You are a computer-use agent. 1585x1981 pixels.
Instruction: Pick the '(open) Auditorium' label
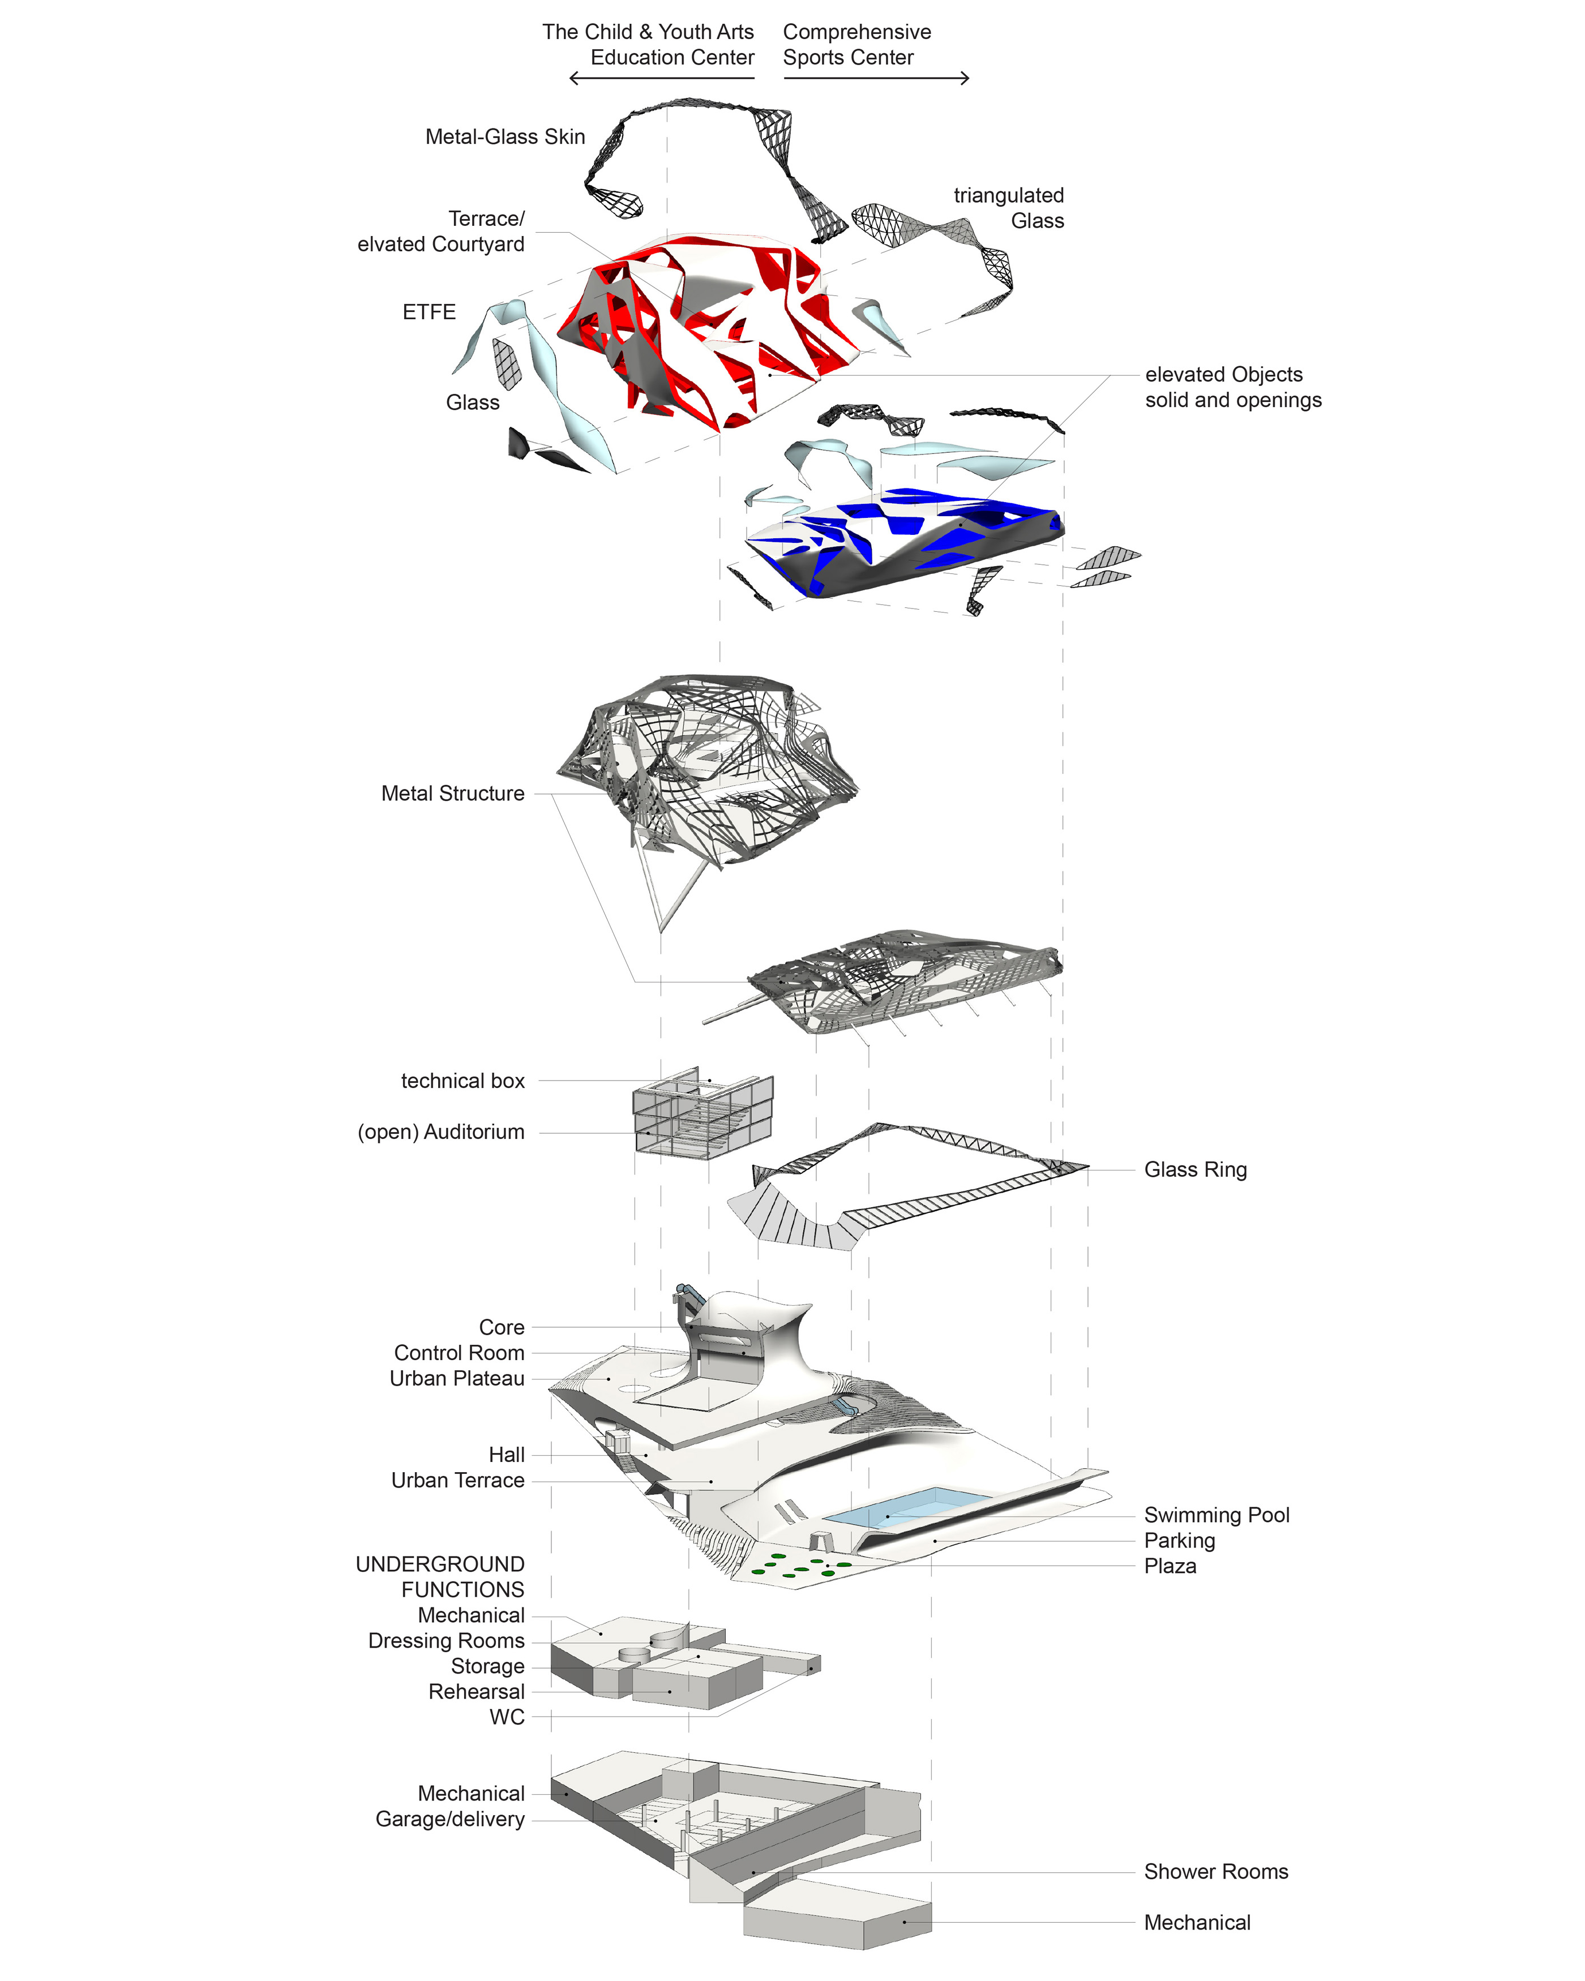440,1132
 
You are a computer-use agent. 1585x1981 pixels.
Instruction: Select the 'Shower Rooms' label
1215,1872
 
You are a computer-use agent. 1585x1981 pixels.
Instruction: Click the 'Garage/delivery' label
449,1819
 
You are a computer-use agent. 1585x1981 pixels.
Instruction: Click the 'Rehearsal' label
476,1692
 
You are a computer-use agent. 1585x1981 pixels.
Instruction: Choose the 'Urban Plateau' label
457,1378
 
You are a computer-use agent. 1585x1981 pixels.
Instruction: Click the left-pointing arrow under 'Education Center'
662,78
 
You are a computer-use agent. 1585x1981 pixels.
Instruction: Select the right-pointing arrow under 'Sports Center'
876,78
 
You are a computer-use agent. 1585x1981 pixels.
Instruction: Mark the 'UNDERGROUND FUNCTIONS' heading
440,1577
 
